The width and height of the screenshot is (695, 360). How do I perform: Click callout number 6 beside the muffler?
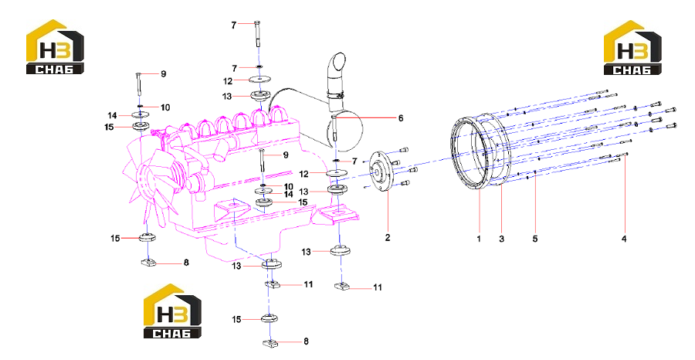point(401,118)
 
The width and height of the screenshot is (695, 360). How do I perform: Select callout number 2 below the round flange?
point(388,238)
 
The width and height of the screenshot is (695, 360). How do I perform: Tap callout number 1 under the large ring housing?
point(479,239)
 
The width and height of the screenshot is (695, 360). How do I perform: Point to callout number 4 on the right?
point(624,239)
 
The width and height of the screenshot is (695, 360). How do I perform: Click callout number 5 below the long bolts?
point(535,239)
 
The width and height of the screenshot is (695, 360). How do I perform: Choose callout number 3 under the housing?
point(501,239)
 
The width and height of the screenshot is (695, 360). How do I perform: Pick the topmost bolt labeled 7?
point(257,33)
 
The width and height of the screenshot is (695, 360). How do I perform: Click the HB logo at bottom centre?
point(172,311)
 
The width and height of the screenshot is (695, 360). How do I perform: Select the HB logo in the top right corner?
point(632,47)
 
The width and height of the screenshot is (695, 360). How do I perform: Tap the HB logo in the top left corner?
point(55,46)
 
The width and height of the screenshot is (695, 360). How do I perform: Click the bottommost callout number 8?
point(306,341)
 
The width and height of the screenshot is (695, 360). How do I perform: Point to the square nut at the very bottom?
point(270,344)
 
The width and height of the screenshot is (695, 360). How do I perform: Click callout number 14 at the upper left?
point(112,115)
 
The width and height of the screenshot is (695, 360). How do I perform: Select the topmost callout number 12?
point(227,81)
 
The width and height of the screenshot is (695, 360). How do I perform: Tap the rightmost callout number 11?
point(377,287)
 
